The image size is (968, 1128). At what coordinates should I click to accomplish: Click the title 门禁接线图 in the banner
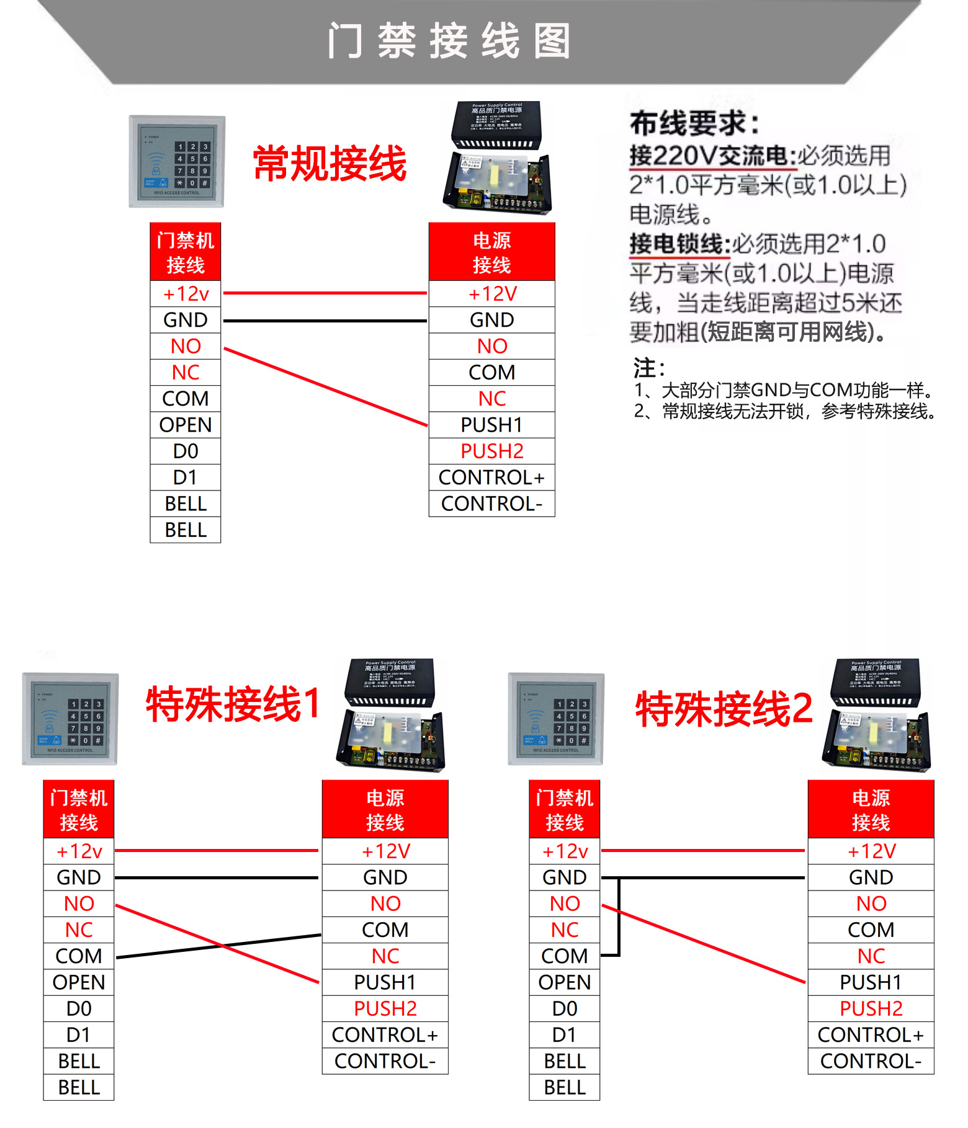[449, 41]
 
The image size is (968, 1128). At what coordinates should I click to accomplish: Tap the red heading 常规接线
[329, 164]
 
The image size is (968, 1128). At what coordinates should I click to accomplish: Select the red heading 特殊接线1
[233, 704]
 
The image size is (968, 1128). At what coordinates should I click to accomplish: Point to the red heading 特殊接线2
[724, 709]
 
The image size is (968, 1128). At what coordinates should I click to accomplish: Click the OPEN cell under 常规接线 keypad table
[186, 425]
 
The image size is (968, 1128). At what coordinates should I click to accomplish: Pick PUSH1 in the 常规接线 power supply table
[491, 425]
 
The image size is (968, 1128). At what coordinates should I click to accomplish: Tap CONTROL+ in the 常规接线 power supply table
[491, 477]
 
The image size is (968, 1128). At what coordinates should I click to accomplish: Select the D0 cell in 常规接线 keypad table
[186, 451]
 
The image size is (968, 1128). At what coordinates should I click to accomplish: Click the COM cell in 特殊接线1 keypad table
[79, 956]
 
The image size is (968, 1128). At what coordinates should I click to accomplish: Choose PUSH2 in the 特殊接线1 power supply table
[385, 1009]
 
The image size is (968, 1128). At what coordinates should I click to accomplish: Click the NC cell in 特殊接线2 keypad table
[565, 930]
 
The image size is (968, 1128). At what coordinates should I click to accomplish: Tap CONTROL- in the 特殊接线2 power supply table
[871, 1062]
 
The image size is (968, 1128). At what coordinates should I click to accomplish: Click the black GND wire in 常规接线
[325, 321]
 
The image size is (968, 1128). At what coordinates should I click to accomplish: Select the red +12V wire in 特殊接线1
[217, 851]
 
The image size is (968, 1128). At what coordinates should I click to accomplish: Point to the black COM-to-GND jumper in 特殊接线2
[619, 918]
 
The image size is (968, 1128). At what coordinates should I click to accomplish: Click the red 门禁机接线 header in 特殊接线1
[79, 810]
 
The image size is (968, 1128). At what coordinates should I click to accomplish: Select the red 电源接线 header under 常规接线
[491, 252]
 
